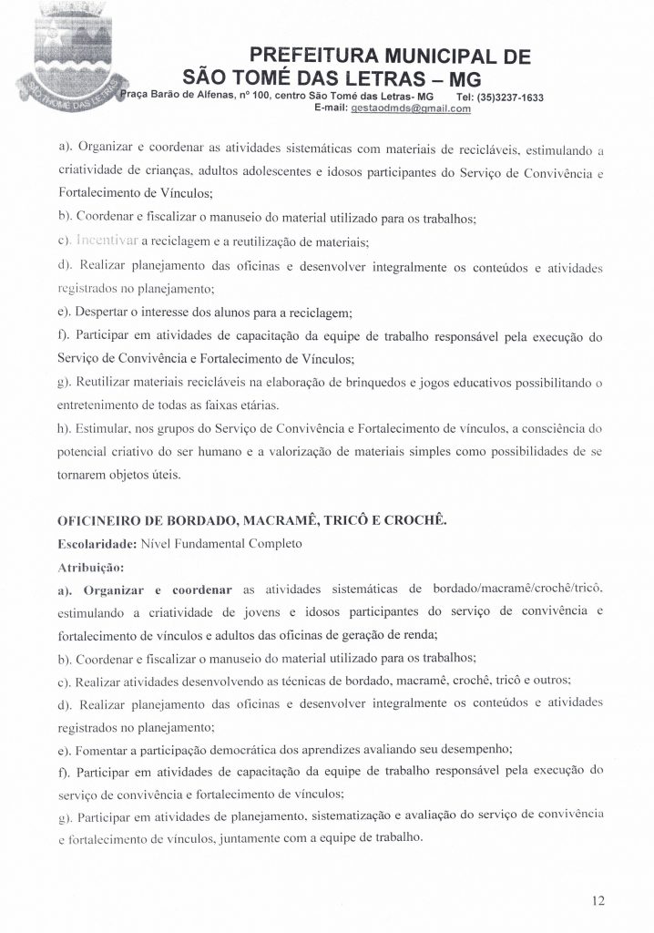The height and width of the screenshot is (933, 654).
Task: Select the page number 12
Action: pyautogui.click(x=598, y=901)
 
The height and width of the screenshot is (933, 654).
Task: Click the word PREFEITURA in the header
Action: pyautogui.click(x=310, y=56)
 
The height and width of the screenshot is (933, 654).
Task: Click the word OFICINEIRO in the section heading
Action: pyautogui.click(x=101, y=523)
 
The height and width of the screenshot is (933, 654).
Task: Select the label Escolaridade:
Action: pyautogui.click(x=97, y=545)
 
